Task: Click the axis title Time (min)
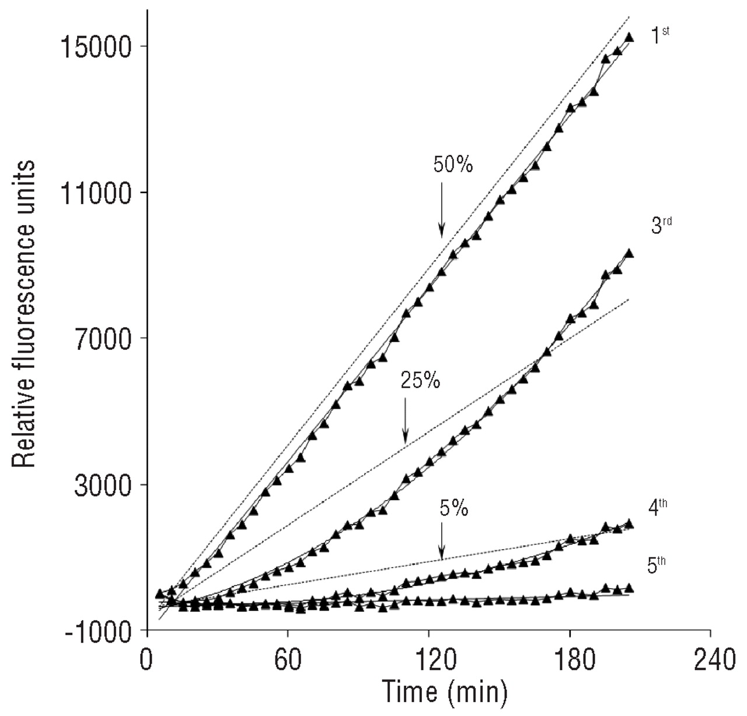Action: click(x=444, y=692)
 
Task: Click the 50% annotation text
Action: click(x=453, y=165)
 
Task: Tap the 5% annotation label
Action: click(x=453, y=509)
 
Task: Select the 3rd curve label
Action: click(x=661, y=225)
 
